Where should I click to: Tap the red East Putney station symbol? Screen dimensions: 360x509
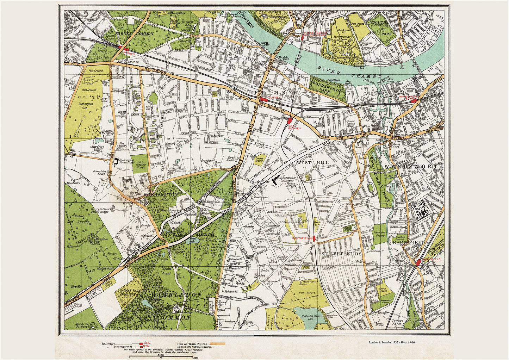click(290, 121)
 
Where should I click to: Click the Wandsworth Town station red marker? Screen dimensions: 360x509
click(415, 101)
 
